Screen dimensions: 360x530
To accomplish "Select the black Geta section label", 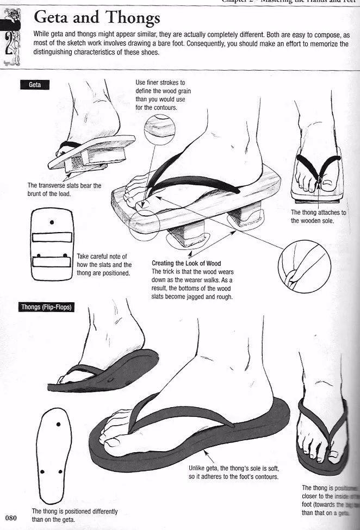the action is pyautogui.click(x=34, y=85).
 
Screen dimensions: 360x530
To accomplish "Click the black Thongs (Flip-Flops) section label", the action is pyautogui.click(x=46, y=307).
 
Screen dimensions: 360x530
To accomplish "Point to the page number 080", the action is pyautogui.click(x=13, y=517).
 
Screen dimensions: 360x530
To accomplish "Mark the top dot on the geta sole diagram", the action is pyautogui.click(x=52, y=222).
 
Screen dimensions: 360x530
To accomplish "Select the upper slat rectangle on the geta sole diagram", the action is pyautogui.click(x=52, y=238).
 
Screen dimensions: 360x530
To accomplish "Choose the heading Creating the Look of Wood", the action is pyautogui.click(x=186, y=264).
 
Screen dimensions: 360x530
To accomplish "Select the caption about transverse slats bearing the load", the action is pyautogui.click(x=64, y=189).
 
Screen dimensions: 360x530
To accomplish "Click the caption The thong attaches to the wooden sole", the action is pyautogui.click(x=319, y=216).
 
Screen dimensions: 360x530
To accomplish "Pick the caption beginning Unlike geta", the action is pyautogui.click(x=233, y=472).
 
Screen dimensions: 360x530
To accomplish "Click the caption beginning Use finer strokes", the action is pyautogui.click(x=163, y=95).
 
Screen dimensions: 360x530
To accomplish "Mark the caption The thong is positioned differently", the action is pyautogui.click(x=75, y=515).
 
